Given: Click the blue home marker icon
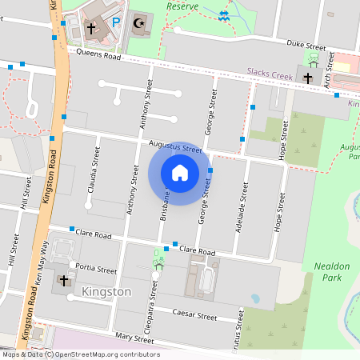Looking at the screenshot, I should pyautogui.click(x=180, y=172).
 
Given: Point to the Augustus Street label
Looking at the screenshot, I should pyautogui.click(x=175, y=147).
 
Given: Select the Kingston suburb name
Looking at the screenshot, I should pyautogui.click(x=106, y=292).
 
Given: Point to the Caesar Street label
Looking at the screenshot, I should pyautogui.click(x=196, y=316).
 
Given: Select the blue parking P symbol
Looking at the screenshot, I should pyautogui.click(x=117, y=24).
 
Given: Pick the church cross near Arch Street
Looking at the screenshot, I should pyautogui.click(x=308, y=78).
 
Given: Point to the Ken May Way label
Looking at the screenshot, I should pyautogui.click(x=44, y=266).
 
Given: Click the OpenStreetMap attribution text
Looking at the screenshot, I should pyautogui.click(x=81, y=354).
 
